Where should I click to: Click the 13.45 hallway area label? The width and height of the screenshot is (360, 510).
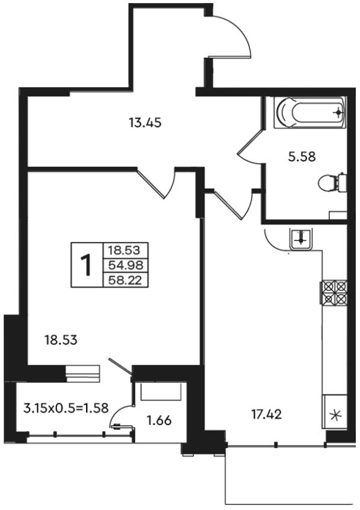[x=145, y=123]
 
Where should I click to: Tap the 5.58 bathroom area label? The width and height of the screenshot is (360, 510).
[x=302, y=157]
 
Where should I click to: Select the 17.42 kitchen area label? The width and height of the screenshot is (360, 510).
[x=266, y=414]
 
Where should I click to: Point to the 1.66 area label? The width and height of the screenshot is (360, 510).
[x=159, y=420]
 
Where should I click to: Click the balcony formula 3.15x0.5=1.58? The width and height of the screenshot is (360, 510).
[x=66, y=408]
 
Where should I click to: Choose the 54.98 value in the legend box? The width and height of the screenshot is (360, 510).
[x=126, y=266]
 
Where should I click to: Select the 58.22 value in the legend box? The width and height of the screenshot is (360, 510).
[x=126, y=280]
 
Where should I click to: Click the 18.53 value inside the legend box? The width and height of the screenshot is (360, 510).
[x=124, y=250]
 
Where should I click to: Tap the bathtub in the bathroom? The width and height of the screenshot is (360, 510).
[x=309, y=113]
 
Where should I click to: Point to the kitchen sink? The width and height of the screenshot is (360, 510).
[x=301, y=239]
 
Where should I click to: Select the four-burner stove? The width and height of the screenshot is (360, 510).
[x=334, y=293]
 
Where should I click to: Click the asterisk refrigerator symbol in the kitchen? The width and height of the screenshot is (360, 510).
[x=335, y=415]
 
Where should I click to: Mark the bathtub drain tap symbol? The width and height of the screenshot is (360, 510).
[x=338, y=113]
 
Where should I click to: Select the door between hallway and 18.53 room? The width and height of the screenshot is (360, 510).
[x=156, y=183]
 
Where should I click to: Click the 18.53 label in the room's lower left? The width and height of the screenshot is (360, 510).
[x=61, y=340]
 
